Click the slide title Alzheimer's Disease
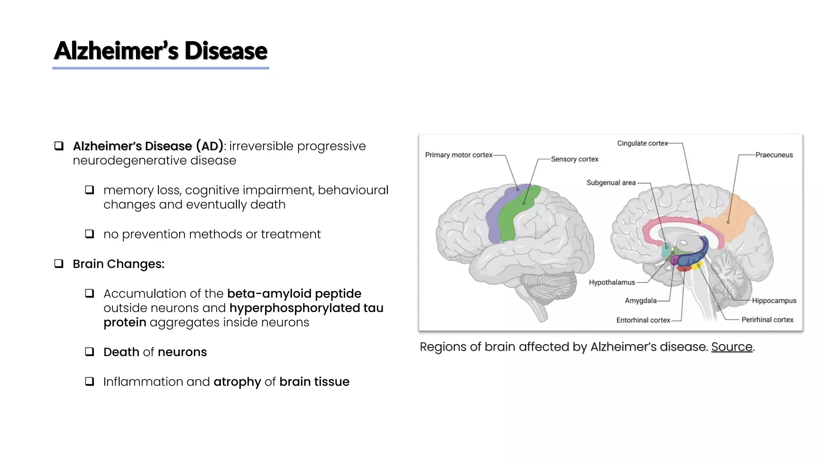tap(160, 51)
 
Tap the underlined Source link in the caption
tap(731, 347)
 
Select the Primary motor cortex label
tap(458, 155)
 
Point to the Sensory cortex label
tap(574, 159)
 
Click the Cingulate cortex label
tap(642, 143)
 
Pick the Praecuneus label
tap(774, 155)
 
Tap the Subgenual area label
tap(611, 183)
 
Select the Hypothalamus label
tap(611, 283)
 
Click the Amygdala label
tap(640, 301)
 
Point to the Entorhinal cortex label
tap(643, 320)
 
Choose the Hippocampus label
tap(774, 301)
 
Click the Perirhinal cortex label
tap(767, 320)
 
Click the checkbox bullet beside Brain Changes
tap(59, 264)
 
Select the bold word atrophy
tap(237, 382)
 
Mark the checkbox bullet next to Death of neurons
tap(90, 352)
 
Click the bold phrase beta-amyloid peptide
tap(294, 294)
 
